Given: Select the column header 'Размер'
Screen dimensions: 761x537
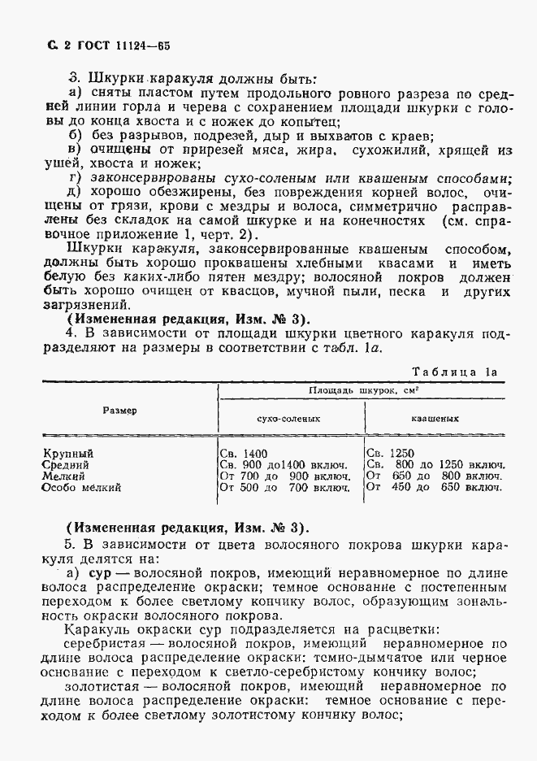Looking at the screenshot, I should point(119,411).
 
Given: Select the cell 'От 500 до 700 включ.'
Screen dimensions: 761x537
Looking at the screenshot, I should point(285,488).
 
